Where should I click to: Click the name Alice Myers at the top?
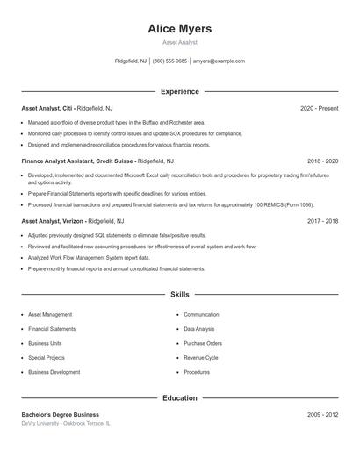[x=180, y=29]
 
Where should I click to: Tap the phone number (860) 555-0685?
[x=169, y=61]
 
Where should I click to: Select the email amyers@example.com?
[x=219, y=61]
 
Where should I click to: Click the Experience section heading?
[x=180, y=91]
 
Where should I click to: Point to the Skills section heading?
[x=180, y=295]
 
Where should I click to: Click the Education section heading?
[x=180, y=398]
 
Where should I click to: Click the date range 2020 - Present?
[x=319, y=108]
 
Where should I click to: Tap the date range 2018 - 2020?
[x=322, y=161]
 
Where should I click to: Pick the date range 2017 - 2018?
[x=322, y=222]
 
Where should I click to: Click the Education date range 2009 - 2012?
[x=322, y=414]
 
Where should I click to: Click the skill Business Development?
[x=54, y=372]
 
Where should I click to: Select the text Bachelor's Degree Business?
[x=61, y=414]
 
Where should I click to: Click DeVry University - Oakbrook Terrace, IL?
[x=66, y=423]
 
